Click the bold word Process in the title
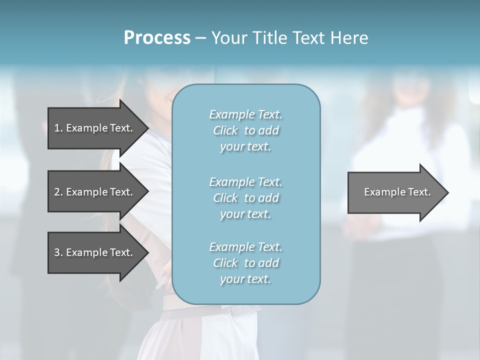coord(157,38)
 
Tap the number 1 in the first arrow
coord(57,128)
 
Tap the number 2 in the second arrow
coord(57,192)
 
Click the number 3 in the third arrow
coord(57,252)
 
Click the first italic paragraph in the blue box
coord(246,130)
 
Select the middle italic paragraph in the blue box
coord(246,197)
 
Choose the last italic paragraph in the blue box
coord(246,263)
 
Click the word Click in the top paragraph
coord(225,130)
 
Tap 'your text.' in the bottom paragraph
coord(245,279)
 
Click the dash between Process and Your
coord(201,38)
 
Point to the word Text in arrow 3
coord(120,252)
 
